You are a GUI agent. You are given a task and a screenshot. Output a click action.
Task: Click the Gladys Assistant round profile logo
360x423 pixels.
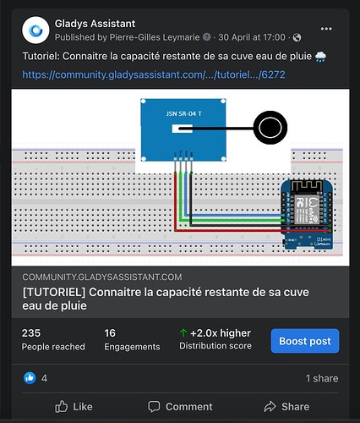(x=35, y=30)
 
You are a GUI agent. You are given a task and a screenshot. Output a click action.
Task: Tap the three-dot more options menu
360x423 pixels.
(x=326, y=29)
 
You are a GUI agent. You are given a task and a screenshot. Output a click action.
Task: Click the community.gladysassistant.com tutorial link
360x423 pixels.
(x=154, y=74)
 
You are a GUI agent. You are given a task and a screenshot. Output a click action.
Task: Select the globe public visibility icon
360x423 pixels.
(x=297, y=37)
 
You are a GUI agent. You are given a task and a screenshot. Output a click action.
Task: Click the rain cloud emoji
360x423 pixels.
(x=320, y=57)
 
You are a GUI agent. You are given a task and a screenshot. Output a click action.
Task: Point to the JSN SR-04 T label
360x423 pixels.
(x=183, y=113)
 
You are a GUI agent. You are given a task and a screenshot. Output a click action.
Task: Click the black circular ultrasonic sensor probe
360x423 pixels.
(x=270, y=128)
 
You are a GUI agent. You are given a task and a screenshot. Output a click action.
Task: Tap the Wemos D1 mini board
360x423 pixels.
(x=308, y=215)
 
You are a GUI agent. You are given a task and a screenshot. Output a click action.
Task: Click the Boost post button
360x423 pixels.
(x=305, y=341)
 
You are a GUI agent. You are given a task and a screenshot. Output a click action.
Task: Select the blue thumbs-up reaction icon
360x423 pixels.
(x=30, y=378)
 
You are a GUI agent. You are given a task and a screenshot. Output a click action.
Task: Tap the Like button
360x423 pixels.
(x=74, y=407)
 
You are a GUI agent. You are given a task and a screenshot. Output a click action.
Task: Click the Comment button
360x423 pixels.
(x=180, y=407)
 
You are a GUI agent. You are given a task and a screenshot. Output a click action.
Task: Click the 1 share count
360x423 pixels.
(x=322, y=378)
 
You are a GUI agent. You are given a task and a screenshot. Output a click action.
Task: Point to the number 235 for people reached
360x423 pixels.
(x=31, y=333)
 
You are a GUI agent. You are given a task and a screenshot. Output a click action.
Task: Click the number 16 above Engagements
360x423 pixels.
(x=110, y=333)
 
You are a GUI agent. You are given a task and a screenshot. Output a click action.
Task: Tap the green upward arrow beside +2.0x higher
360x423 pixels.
(x=183, y=333)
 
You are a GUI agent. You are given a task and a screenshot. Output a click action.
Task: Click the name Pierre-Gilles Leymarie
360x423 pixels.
(x=155, y=37)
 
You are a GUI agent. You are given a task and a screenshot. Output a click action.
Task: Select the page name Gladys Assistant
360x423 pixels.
(x=95, y=24)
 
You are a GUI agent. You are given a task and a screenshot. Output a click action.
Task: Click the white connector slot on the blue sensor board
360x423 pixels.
(x=183, y=129)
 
